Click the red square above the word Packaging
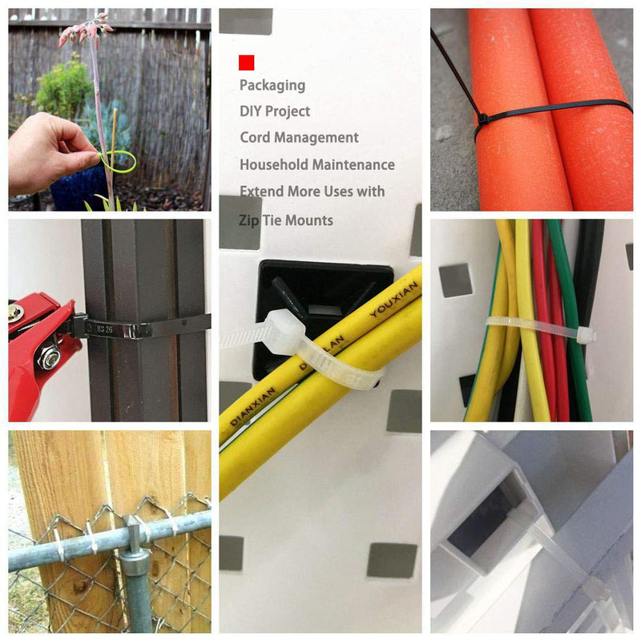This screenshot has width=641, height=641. click(x=246, y=62)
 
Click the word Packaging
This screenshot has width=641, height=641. click(x=272, y=85)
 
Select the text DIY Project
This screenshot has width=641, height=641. click(x=275, y=111)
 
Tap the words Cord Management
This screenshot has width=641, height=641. click(x=299, y=138)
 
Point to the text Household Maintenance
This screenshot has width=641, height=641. click(x=317, y=165)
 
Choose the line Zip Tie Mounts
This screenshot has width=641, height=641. click(x=286, y=220)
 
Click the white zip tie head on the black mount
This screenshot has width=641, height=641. click(x=282, y=328)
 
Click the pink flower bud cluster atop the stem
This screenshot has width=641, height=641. click(x=84, y=30)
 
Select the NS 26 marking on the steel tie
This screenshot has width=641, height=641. click(x=103, y=328)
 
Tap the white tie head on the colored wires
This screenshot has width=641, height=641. click(x=583, y=333)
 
